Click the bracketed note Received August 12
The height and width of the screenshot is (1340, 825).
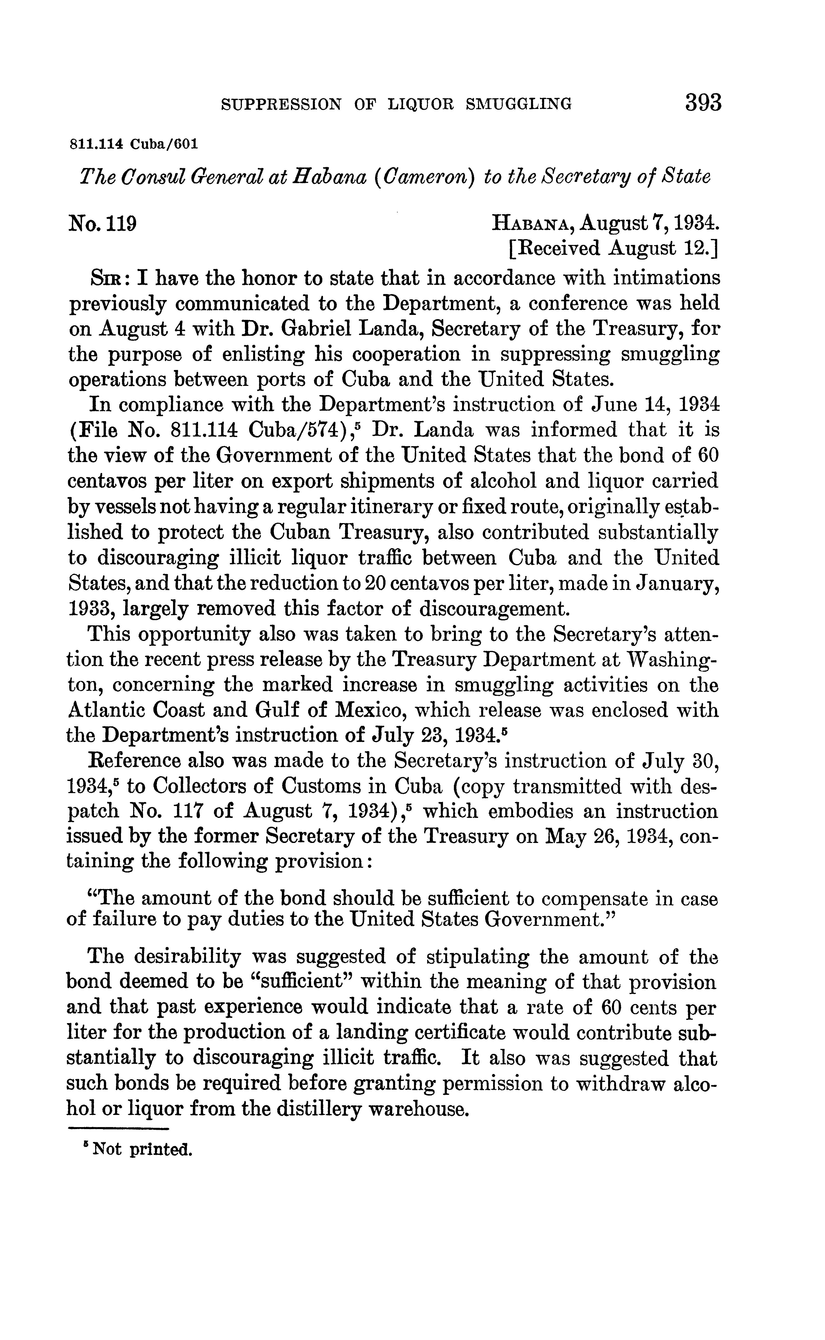(613, 249)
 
